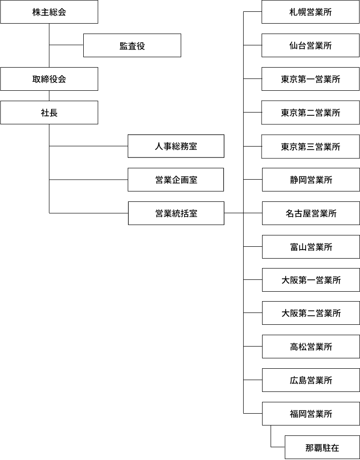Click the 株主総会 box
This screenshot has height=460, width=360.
coord(49,12)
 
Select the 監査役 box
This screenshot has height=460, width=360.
coord(132,45)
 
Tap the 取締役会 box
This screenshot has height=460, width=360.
coord(49,79)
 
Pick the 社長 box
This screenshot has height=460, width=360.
coord(49,113)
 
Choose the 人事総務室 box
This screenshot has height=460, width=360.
coord(176,146)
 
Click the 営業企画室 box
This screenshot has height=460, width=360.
coord(176,180)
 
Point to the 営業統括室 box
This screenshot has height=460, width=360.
coord(176,213)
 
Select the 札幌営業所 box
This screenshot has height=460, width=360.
coord(310,12)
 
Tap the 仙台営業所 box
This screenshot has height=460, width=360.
coord(310,45)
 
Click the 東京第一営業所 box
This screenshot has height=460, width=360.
coord(310,79)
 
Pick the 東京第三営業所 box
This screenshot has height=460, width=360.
coord(311,147)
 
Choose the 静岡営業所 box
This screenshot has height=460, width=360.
coord(311,180)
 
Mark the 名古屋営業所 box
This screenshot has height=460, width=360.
coord(311,213)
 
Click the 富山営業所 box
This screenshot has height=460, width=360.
coord(311,247)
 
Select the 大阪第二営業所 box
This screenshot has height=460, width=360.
coord(311,313)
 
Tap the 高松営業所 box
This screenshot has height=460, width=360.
coord(311,347)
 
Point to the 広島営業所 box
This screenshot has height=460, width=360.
coord(311,380)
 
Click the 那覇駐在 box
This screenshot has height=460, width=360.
coord(323,447)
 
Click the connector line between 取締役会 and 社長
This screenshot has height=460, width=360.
coord(49,95)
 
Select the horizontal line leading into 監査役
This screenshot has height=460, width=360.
coord(66,45)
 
